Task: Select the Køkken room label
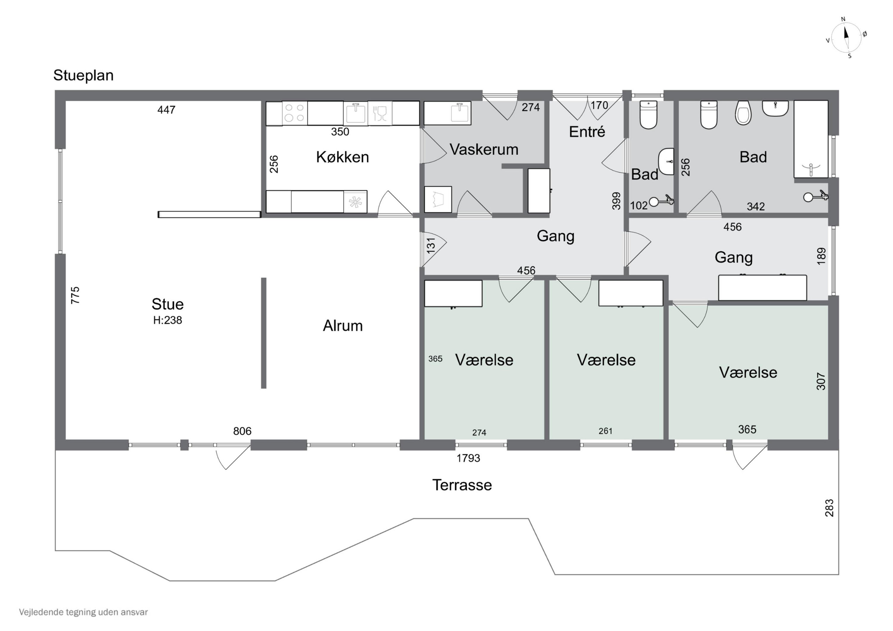point(342,157)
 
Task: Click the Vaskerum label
point(484,149)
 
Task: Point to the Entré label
point(587,131)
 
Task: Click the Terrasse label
point(462,485)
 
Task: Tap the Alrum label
point(343,326)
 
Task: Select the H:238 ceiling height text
point(168,320)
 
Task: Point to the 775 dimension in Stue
point(75,295)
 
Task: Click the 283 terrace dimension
point(829,508)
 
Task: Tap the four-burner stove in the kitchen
point(294,113)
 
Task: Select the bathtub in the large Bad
point(811,139)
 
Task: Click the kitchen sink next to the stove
point(355,113)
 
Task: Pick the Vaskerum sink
point(459,113)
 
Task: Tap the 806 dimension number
point(242,431)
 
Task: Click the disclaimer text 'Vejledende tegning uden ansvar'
point(83,612)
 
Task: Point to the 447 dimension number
point(166,110)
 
